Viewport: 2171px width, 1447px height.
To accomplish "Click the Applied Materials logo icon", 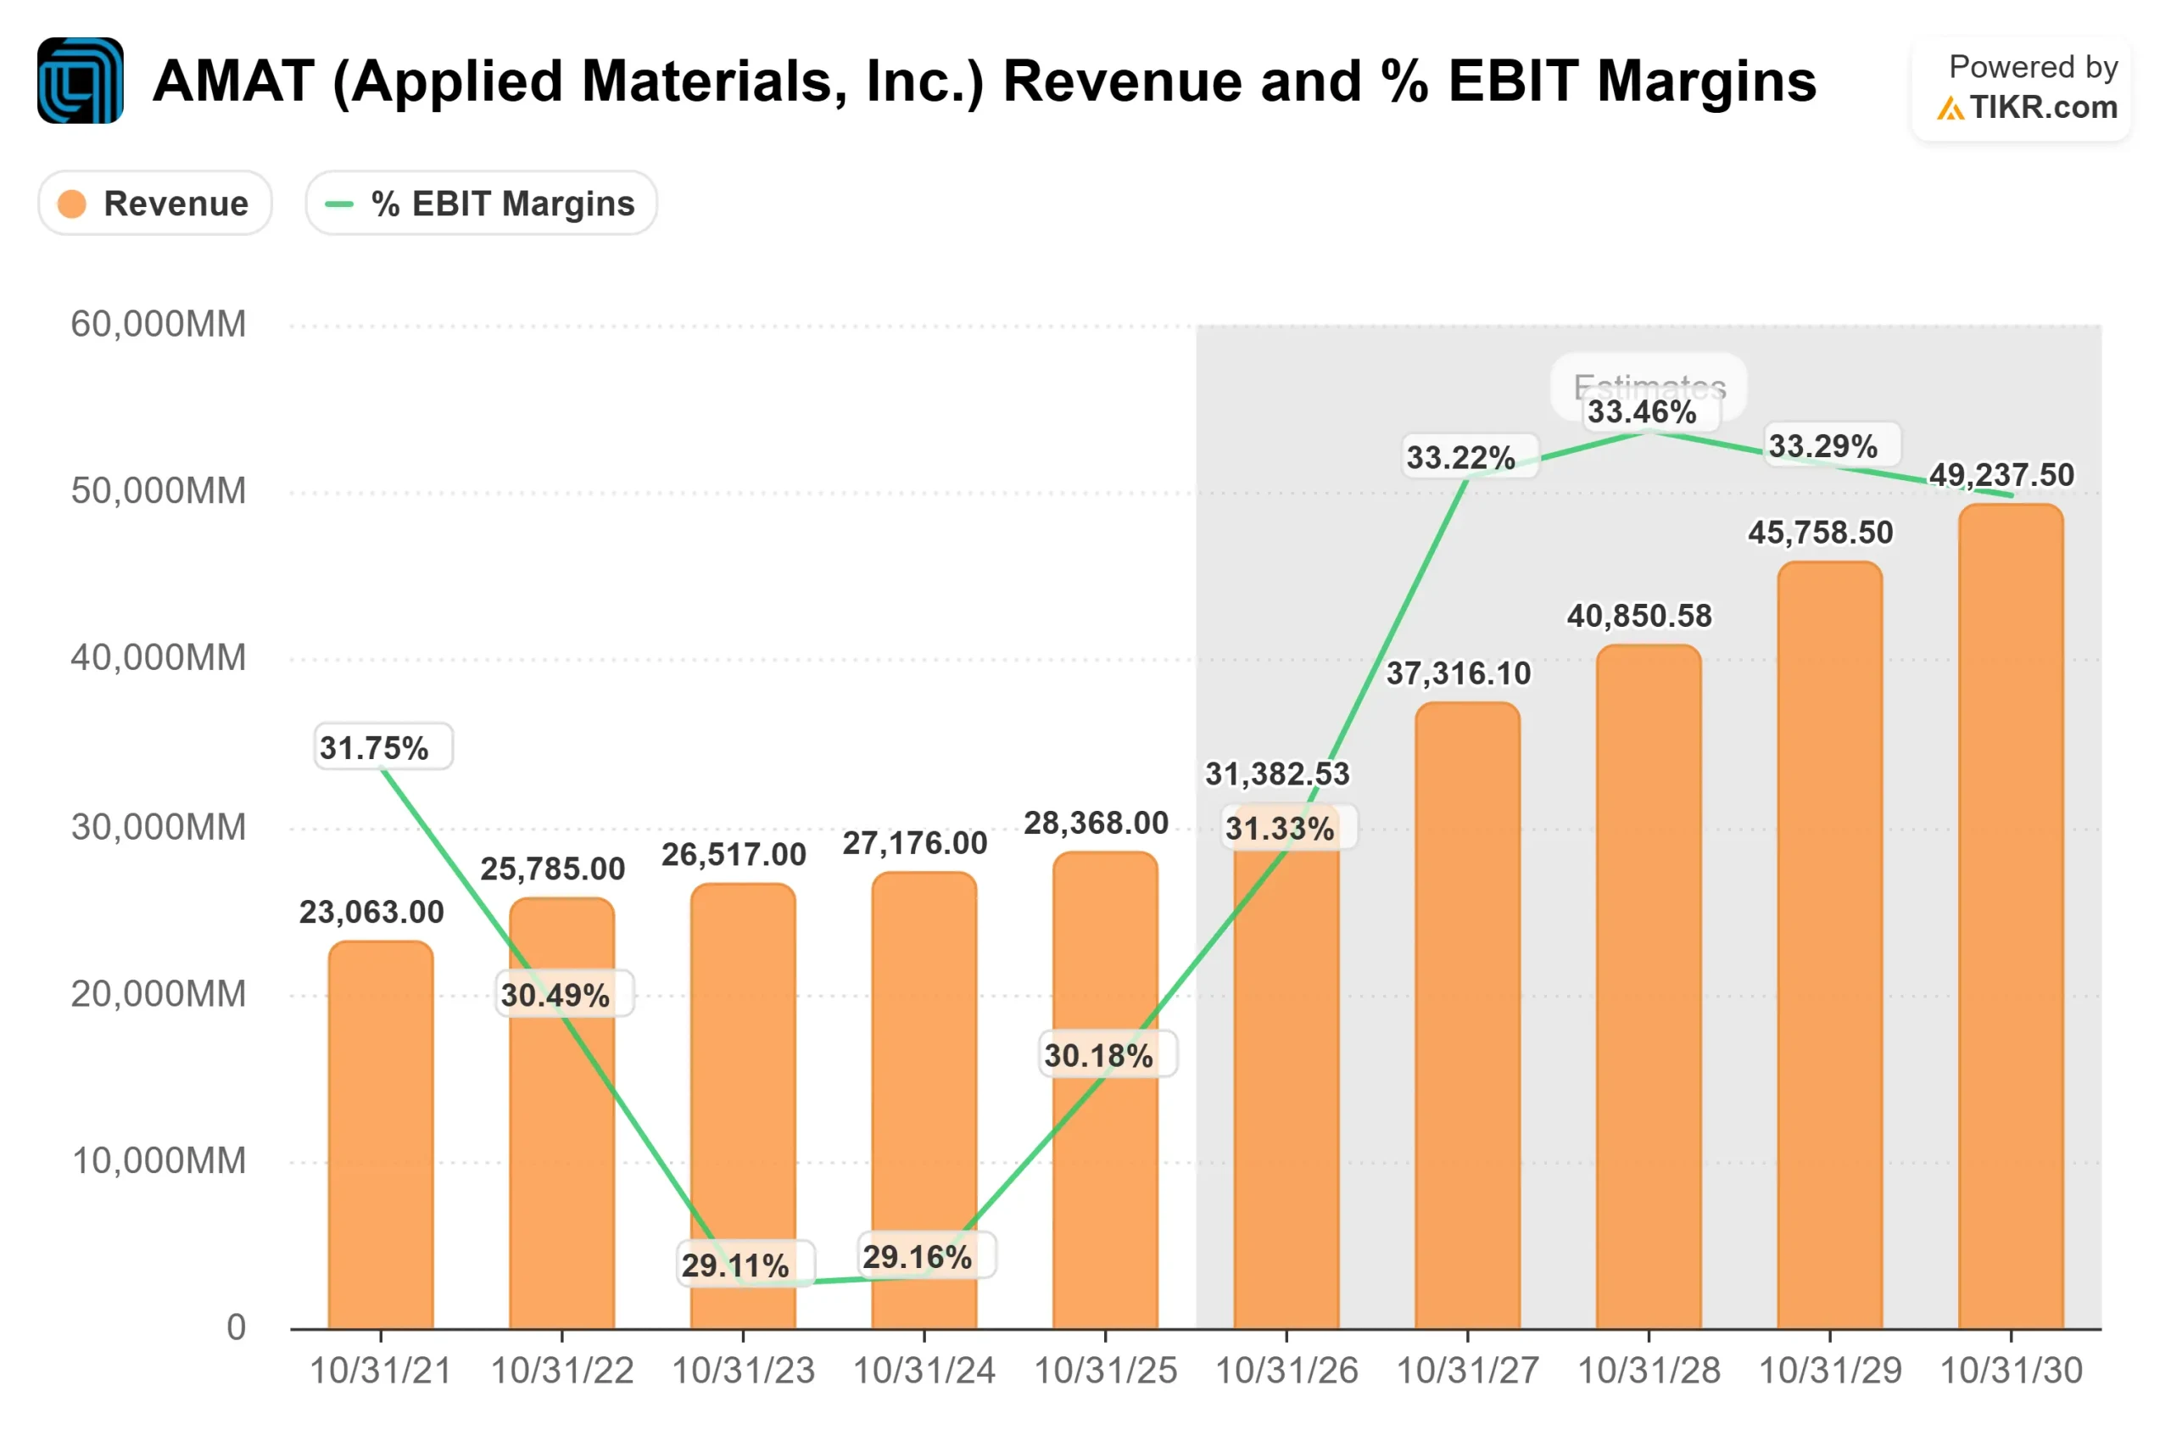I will coord(81,81).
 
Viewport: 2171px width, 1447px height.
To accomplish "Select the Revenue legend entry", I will coord(155,203).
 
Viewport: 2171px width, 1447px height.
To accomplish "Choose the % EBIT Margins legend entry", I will coord(481,203).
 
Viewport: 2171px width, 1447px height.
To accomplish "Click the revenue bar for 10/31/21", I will coord(380,1135).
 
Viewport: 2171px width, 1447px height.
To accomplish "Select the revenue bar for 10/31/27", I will coord(1467,1015).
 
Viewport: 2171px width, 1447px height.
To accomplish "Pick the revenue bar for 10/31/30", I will coord(2011,923).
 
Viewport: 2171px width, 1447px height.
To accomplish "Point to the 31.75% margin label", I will coord(375,747).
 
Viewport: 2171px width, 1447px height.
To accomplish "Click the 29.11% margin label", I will coord(735,1265).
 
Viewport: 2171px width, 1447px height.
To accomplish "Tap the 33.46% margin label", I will coord(1642,412).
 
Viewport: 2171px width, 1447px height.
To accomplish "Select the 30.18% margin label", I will coord(1098,1055).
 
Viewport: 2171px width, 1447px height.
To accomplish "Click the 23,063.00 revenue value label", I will coord(371,912).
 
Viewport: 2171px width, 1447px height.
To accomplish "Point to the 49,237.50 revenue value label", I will coord(2001,475).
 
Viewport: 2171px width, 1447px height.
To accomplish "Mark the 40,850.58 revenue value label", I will coord(1638,616).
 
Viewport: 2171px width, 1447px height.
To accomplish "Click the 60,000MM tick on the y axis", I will coord(159,325).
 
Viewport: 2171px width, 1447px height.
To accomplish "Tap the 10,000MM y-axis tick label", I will coord(159,1161).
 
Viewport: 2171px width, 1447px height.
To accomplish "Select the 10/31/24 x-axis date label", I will coord(924,1372).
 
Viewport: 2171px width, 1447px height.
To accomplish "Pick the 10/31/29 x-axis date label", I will coord(1829,1372).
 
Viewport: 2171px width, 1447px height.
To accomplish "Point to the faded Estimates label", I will coord(1649,386).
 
